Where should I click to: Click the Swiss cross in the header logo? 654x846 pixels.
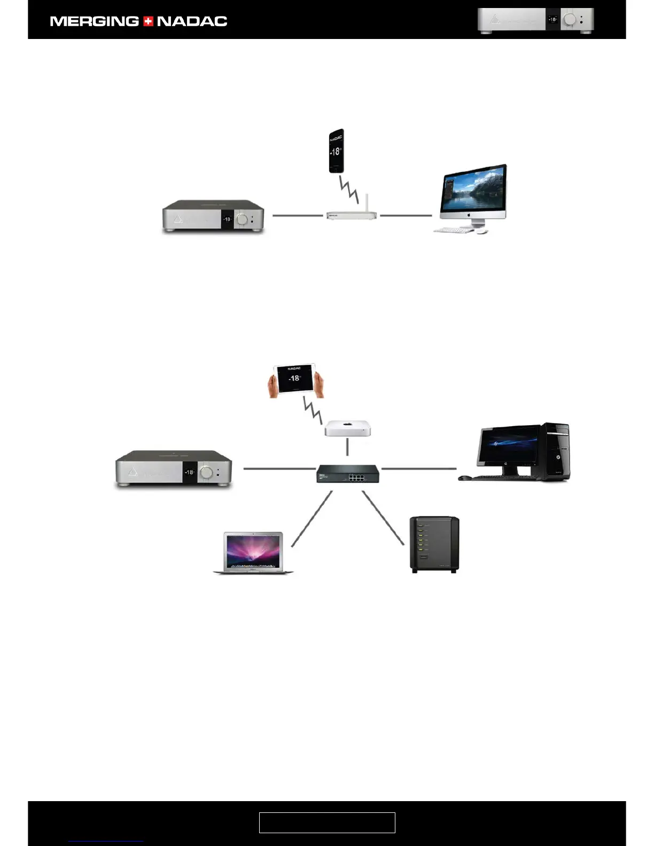coord(148,21)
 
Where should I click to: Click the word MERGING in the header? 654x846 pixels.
coord(94,21)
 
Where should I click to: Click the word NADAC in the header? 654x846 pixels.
coord(192,21)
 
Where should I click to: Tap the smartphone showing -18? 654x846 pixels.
coord(336,151)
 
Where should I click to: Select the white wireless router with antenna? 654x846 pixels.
coord(352,215)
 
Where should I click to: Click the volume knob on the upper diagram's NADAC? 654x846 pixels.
coord(243,219)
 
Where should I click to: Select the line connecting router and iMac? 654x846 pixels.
coord(406,216)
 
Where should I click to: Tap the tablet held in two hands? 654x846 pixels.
coord(294,379)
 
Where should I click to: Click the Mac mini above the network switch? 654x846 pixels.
coord(347,428)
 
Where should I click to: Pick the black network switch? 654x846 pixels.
coord(348,474)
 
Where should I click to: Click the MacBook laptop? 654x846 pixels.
coord(253,552)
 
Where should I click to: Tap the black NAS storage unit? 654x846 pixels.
coord(434,544)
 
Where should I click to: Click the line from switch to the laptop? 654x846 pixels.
coord(312,519)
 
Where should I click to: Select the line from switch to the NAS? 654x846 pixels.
coord(383,518)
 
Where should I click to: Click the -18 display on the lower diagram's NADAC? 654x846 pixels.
coord(189,472)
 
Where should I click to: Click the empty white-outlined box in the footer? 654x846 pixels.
coord(327,822)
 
